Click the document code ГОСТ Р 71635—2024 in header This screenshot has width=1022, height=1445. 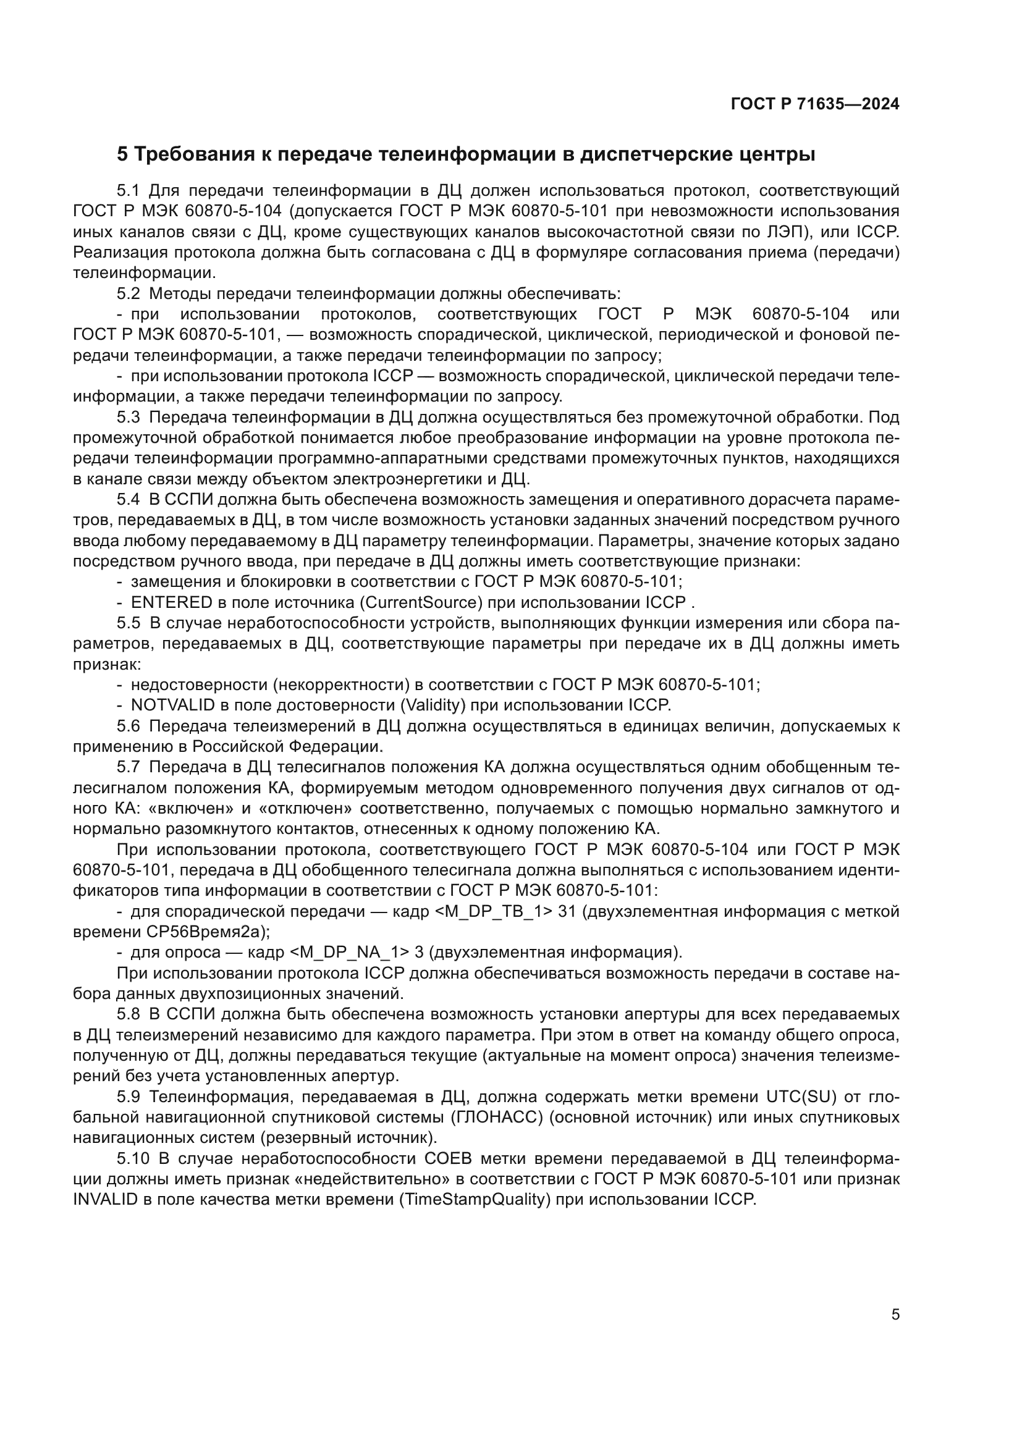(815, 104)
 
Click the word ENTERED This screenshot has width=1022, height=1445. (171, 603)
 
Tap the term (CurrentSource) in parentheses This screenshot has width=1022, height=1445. (420, 603)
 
